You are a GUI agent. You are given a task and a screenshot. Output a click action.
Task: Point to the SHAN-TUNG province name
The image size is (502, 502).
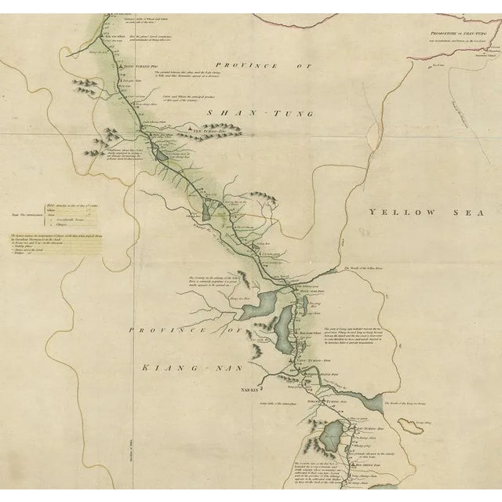[260, 114]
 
